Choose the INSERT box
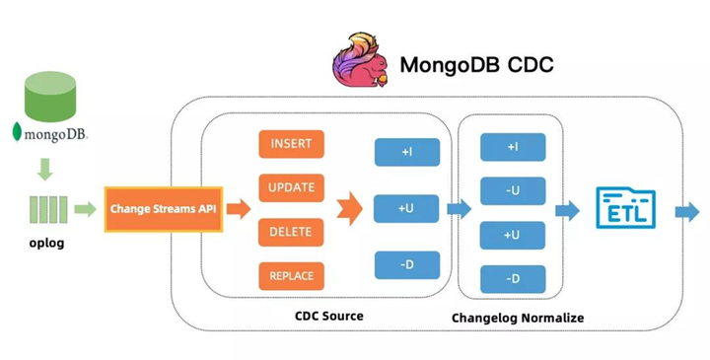tap(291, 144)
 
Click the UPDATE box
tap(291, 187)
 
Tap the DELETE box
tap(291, 232)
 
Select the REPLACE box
tap(291, 276)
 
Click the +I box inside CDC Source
tap(407, 152)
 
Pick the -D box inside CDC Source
tap(407, 264)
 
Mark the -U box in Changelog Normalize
tap(513, 190)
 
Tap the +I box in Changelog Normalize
tap(513, 147)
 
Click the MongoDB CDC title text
tap(476, 65)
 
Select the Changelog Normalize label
tap(518, 318)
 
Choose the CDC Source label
tap(329, 317)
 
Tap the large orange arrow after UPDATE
tap(349, 209)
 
